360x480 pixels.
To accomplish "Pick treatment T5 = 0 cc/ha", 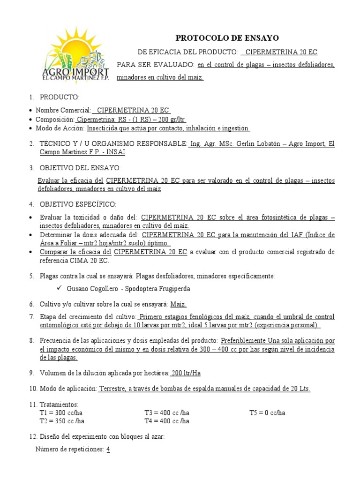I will pos(267,413).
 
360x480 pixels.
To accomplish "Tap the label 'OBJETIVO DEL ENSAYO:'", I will pos(80,167).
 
